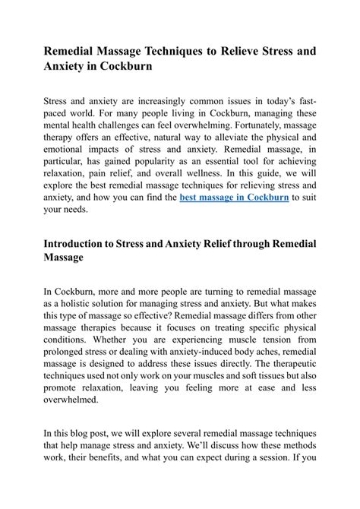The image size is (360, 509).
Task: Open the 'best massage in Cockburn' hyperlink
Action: tap(233, 197)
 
